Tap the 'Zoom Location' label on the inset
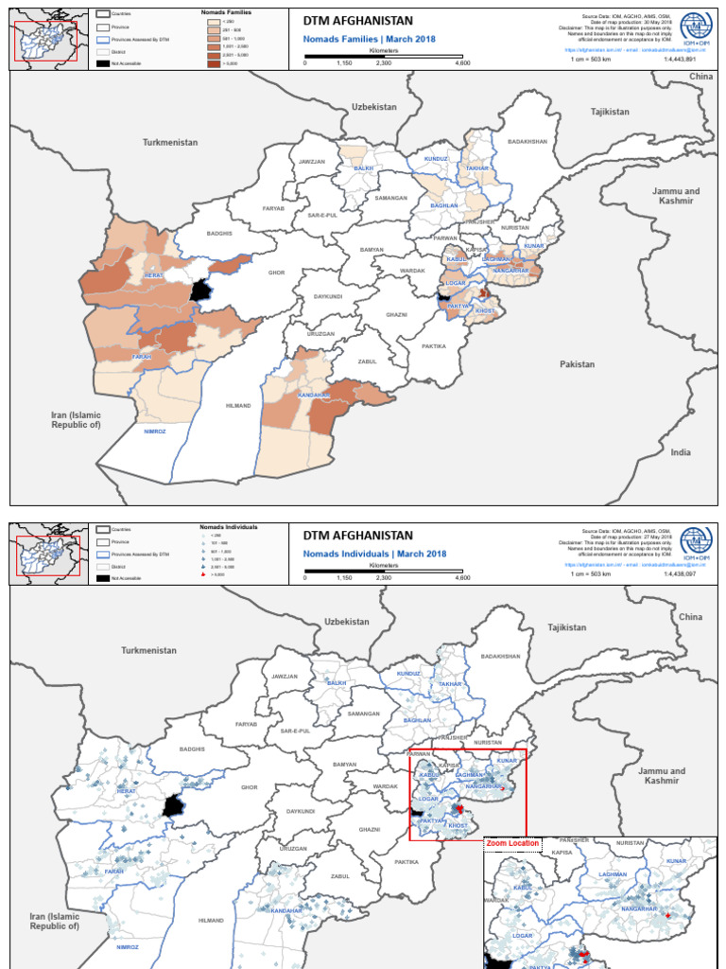click(512, 843)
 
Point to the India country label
click(681, 452)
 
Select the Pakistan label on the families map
click(577, 364)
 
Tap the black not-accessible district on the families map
click(200, 291)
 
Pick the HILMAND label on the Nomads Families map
click(238, 406)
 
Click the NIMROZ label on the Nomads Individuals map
click(128, 947)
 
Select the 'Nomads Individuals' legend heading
click(229, 525)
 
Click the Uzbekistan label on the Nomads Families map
click(374, 107)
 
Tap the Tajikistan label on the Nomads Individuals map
click(567, 627)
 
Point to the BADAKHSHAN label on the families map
click(527, 141)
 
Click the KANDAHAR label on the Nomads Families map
click(313, 395)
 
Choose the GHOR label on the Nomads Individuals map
click(250, 787)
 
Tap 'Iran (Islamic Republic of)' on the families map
click(76, 420)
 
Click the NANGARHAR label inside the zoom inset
click(639, 908)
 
